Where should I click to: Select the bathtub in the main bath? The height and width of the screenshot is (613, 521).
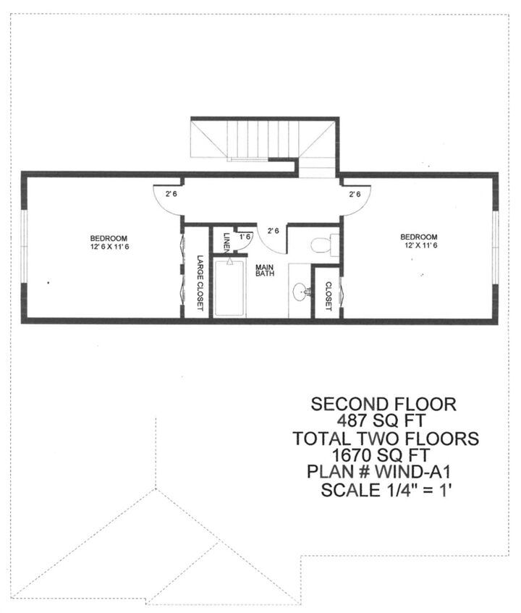230,288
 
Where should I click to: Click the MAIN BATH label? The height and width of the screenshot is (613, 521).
265,271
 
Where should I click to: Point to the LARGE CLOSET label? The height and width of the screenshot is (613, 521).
200,283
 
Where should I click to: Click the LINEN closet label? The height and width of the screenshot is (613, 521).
226,242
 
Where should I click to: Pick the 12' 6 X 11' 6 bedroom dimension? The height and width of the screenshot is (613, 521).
109,247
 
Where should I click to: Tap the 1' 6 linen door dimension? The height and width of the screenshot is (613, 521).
245,237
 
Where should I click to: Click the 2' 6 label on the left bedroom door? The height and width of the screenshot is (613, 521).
171,193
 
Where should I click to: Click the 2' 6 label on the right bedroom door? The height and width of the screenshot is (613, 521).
355,194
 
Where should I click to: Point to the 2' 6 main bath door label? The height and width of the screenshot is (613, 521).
274,231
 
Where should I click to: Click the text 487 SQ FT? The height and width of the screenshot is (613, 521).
381,420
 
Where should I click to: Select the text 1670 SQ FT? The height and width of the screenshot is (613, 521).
381,455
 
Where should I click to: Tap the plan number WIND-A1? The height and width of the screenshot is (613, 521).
412,471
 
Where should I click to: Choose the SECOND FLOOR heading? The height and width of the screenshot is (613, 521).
384,404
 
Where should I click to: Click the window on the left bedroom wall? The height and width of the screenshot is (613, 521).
24,246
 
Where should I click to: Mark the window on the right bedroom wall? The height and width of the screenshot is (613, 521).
496,248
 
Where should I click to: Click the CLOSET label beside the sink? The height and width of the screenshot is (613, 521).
329,296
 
